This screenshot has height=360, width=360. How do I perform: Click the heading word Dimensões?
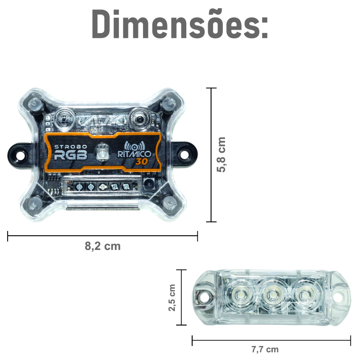click(x=180, y=24)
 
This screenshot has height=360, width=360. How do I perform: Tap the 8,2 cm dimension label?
click(x=103, y=246)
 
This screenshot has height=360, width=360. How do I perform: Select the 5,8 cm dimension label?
click(x=221, y=155)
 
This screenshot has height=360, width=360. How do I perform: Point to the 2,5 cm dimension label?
click(x=172, y=297)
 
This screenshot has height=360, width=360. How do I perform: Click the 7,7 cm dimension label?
click(x=265, y=349)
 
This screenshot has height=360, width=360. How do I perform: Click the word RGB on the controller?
click(x=71, y=155)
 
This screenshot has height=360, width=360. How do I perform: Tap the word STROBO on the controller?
click(x=71, y=147)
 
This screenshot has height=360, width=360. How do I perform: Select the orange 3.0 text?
click(x=141, y=162)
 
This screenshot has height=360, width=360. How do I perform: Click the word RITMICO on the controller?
click(x=134, y=154)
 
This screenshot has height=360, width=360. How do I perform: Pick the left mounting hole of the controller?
click(x=20, y=155)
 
